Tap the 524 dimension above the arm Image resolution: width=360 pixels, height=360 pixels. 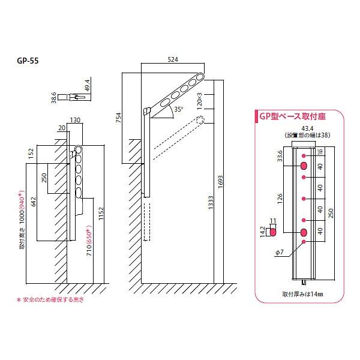click(174, 60)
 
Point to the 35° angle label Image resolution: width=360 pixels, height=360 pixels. click(178, 110)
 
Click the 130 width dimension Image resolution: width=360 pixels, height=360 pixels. click(76, 120)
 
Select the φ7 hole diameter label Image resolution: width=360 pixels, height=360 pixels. click(280, 254)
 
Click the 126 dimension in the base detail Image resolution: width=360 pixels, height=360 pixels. click(280, 198)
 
